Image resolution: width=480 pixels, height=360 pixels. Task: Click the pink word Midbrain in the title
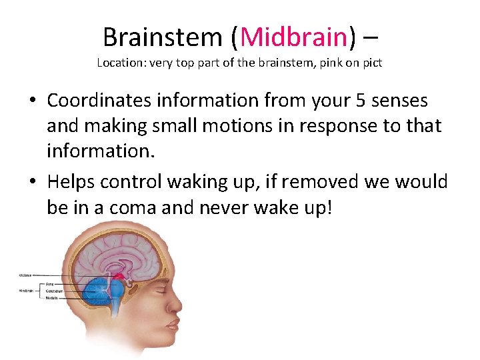point(293,37)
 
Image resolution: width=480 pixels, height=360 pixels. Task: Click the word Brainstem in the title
point(163,37)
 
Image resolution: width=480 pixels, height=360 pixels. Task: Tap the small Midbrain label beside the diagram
point(25,274)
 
